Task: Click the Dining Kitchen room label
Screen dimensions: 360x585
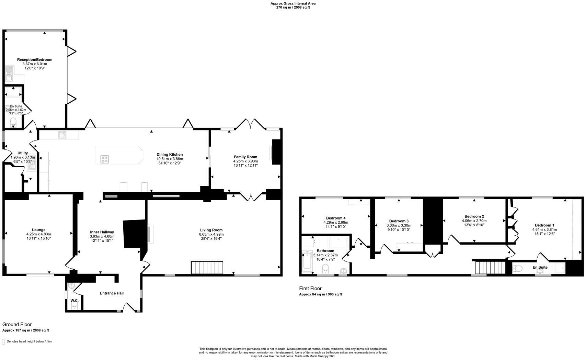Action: [170, 155]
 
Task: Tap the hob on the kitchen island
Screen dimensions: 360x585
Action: [105, 159]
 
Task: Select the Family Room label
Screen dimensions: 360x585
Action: [245, 157]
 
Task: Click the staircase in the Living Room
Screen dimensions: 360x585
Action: [207, 268]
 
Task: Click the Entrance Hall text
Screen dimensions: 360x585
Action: [112, 293]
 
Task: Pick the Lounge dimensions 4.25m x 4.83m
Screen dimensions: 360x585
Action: [38, 234]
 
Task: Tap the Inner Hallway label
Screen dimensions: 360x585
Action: [102, 232]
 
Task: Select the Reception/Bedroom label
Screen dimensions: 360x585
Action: [35, 60]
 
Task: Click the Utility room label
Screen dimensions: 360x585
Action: [23, 153]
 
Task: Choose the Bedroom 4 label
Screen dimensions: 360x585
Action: [335, 218]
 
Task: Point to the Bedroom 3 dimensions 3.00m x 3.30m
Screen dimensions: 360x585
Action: [399, 226]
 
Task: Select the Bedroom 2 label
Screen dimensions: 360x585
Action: [474, 216]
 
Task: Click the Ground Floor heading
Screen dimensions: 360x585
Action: [17, 324]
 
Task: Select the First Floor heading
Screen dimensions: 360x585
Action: [310, 289]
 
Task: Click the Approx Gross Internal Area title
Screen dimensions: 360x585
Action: [293, 3]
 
